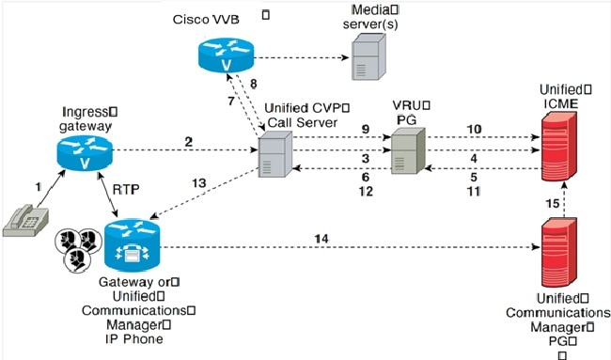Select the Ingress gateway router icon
83,152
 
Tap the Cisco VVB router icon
226,55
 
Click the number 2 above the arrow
188,141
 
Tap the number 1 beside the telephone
38,187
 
